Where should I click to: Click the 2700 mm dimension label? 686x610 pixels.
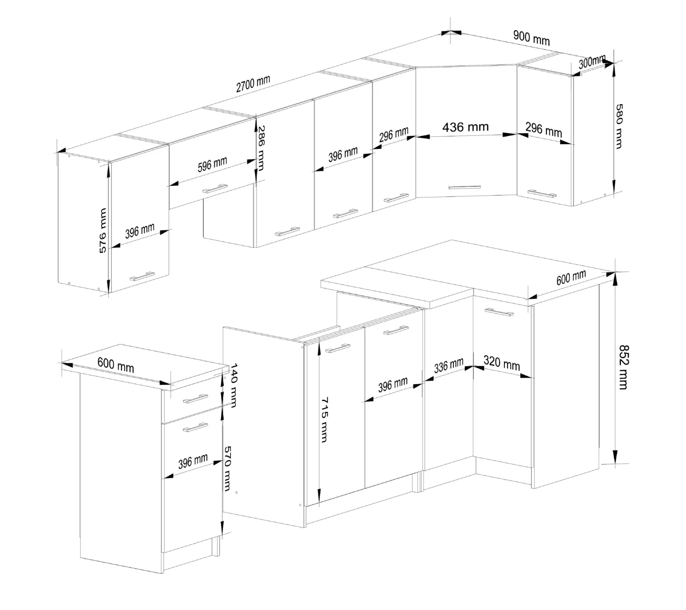tap(253, 84)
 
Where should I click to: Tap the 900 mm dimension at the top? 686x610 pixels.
tap(531, 37)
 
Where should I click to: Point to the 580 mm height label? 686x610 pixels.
tap(619, 126)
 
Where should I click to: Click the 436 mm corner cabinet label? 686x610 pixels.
tap(465, 127)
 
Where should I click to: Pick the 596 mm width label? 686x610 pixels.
tap(212, 165)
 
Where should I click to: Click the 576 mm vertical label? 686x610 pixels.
tap(102, 231)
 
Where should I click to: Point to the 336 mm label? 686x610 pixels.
tap(449, 366)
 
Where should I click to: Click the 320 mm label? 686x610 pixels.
tap(502, 363)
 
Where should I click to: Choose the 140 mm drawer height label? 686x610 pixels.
tap(234, 385)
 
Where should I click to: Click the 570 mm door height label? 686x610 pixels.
tap(227, 468)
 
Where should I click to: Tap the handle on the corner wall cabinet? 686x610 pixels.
tap(464, 188)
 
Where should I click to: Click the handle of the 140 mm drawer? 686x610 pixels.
tap(195, 399)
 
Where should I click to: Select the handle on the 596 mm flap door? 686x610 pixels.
tap(215, 189)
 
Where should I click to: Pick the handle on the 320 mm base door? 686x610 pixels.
tap(499, 312)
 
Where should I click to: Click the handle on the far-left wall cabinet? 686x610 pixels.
tap(142, 276)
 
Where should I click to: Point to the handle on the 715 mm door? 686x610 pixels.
tap(338, 349)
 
